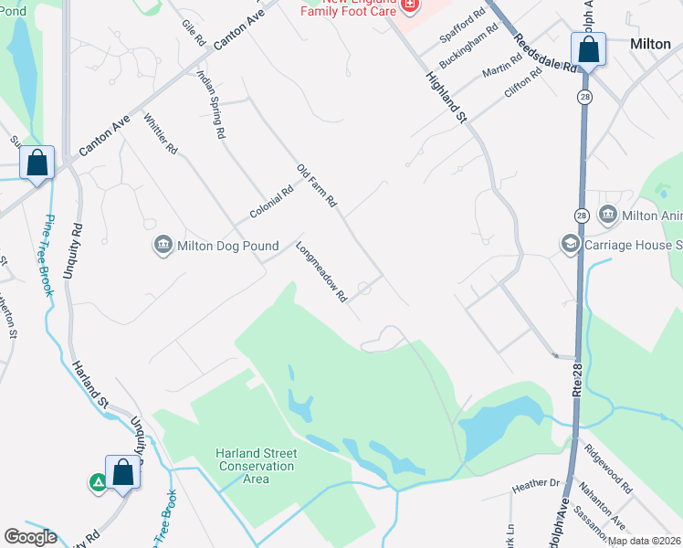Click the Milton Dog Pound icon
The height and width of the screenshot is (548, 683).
coord(163,245)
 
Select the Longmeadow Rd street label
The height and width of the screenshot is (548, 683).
coord(322,271)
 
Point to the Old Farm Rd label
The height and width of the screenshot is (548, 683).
coord(318,184)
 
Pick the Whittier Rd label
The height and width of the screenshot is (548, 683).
coord(160,134)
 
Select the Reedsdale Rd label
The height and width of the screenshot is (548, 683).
coord(545,53)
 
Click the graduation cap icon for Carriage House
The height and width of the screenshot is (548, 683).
coord(571,245)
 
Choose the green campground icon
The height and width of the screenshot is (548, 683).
coord(98,482)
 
